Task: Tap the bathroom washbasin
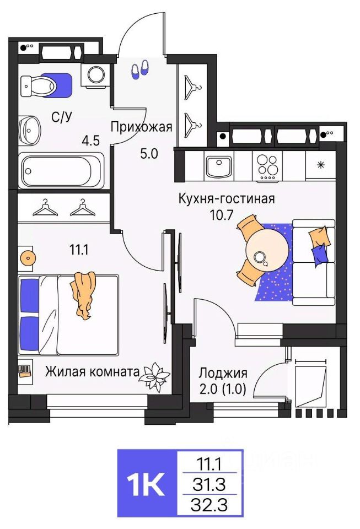(x=29, y=129)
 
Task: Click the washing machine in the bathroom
(x=96, y=74)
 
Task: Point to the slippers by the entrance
(x=139, y=68)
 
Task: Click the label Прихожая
(x=142, y=127)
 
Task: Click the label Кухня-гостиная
(x=226, y=198)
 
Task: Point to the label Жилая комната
(x=92, y=371)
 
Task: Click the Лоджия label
(x=223, y=373)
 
